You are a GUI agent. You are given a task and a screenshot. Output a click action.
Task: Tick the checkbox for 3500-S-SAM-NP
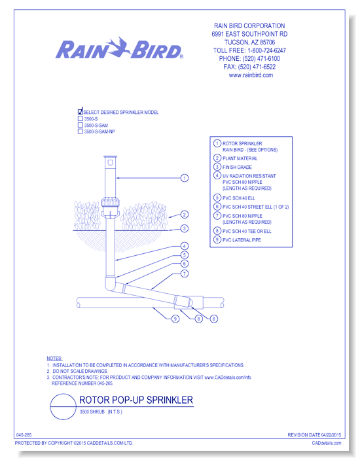click(81, 132)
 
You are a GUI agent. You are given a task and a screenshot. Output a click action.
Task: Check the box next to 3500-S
click(81, 118)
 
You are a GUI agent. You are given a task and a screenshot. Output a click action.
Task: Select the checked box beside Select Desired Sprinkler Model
click(81, 111)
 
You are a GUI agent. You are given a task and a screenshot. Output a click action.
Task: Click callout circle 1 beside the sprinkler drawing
click(185, 178)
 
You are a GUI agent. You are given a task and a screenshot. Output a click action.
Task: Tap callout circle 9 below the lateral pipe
click(175, 319)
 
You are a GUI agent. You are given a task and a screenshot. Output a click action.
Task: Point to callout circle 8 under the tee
click(199, 319)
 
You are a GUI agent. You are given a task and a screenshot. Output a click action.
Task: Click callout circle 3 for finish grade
click(185, 228)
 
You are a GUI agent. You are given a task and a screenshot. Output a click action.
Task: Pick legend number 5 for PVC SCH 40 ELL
click(217, 198)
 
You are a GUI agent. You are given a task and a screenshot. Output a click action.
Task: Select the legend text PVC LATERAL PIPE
click(242, 240)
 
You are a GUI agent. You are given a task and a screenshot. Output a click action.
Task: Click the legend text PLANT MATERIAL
click(240, 158)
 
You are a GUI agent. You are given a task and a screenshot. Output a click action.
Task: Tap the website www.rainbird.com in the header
click(251, 75)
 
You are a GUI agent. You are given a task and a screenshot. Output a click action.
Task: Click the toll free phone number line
click(249, 50)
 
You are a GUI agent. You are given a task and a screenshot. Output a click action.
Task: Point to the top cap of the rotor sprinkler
click(110, 157)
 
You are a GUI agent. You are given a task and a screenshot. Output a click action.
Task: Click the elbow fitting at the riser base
click(110, 283)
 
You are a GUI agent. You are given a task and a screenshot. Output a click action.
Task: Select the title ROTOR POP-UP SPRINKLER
click(136, 400)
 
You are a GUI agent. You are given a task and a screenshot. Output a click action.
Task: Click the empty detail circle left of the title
click(63, 394)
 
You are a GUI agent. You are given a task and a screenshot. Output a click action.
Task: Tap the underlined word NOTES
click(54, 359)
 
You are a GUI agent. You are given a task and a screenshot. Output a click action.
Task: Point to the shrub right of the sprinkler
click(144, 216)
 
